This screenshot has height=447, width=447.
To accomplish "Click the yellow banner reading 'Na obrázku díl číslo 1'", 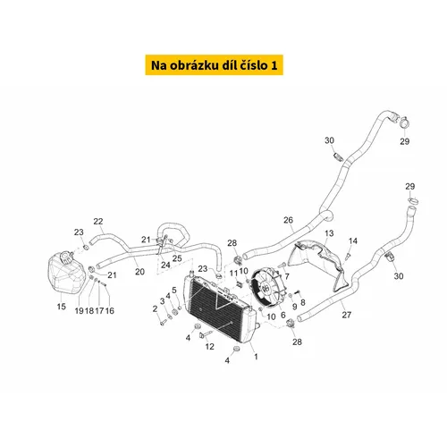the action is pos(214,65).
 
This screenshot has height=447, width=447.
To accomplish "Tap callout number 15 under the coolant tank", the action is pos(62,307).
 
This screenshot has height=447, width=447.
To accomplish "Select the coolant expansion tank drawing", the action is pos(66,273).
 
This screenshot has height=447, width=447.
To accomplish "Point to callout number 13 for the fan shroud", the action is pos(329,233).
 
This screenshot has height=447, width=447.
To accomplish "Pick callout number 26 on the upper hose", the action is pos(288,220).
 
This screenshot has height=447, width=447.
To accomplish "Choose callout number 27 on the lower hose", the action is pos(346,315).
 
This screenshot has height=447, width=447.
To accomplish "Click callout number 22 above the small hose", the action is pos(98,222).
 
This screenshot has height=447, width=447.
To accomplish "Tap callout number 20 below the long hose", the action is pos(139,272).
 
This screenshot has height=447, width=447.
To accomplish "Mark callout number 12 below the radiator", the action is pos(209,346).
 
